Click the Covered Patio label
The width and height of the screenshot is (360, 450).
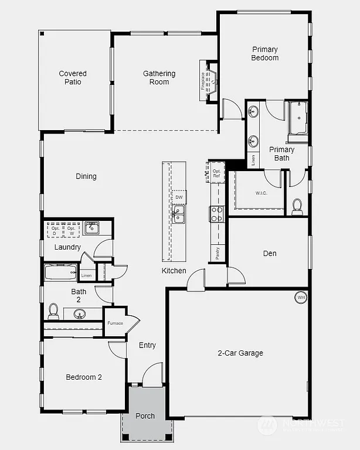[x=73, y=78]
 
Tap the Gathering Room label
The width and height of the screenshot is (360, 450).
[x=159, y=78]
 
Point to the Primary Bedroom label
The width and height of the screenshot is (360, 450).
[x=264, y=54]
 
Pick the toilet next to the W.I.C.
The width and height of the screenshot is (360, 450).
[x=297, y=206]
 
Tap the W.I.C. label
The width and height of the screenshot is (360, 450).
[x=261, y=193]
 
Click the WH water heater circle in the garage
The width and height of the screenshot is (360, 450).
[x=301, y=297]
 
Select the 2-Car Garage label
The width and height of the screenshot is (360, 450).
[x=240, y=353]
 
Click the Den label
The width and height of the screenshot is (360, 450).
[x=270, y=254]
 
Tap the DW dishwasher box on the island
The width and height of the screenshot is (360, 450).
[x=179, y=197]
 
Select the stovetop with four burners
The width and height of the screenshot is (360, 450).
[x=217, y=214]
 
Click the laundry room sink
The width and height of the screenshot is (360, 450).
[x=91, y=228]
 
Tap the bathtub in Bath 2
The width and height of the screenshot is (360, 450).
[x=60, y=272]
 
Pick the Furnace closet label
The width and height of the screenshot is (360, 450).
[x=115, y=323]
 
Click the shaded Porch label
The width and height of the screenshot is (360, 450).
[x=145, y=416]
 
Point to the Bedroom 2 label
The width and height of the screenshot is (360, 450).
[x=84, y=377]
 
